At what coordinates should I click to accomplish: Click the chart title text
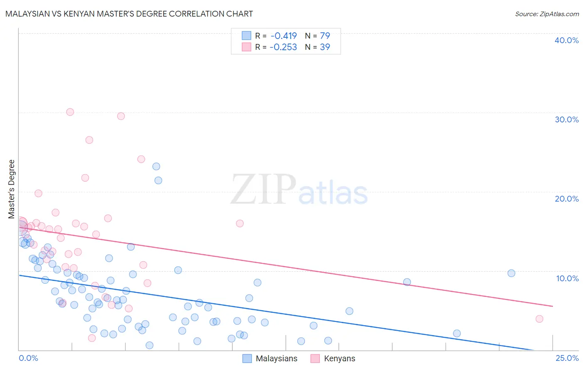click(129, 14)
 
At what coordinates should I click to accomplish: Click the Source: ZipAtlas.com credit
click(547, 14)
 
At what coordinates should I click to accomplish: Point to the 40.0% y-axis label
click(566, 40)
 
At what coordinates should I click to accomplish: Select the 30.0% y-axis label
click(566, 119)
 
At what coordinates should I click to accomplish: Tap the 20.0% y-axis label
click(566, 199)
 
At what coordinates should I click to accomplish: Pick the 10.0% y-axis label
click(567, 278)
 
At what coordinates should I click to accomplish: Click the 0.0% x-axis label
click(28, 358)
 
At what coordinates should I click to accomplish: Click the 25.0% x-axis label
click(567, 358)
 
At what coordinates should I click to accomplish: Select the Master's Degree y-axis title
click(12, 189)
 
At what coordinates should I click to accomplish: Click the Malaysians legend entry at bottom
click(276, 358)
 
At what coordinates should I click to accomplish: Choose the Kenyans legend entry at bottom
click(339, 358)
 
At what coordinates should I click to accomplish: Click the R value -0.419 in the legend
click(283, 36)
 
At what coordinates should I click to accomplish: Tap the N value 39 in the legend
click(325, 47)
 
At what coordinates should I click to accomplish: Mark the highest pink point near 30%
click(70, 112)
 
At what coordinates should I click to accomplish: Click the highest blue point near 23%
click(156, 166)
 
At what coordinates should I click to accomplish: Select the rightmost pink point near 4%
click(539, 319)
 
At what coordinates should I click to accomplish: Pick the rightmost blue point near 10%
click(511, 273)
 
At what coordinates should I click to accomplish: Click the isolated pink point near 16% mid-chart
click(240, 224)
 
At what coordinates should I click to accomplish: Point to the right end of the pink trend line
click(552, 306)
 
